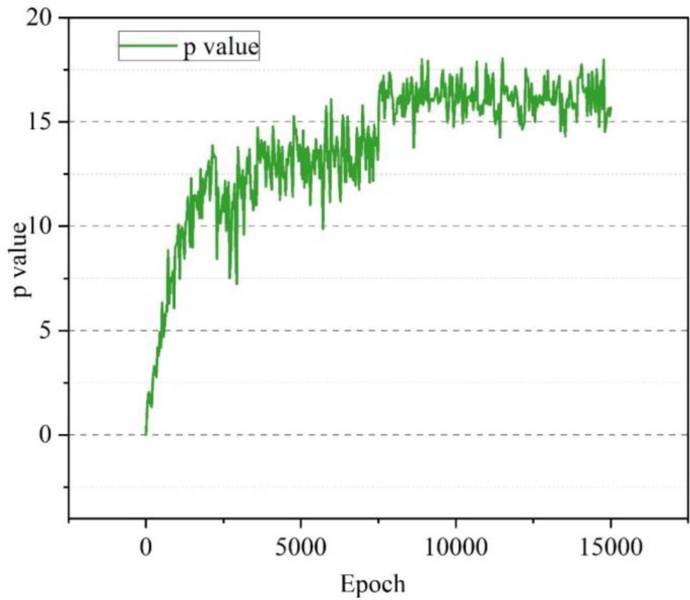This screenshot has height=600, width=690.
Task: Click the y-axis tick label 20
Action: tap(37, 18)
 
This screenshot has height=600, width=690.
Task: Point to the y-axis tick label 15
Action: tap(37, 122)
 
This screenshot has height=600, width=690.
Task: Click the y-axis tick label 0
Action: tap(45, 435)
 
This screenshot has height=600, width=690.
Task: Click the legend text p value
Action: tap(220, 47)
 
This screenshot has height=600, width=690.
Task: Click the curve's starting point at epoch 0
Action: tap(146, 434)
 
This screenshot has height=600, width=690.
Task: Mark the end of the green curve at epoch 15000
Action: tap(610, 108)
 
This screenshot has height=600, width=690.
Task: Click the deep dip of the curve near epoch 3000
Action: tap(236, 283)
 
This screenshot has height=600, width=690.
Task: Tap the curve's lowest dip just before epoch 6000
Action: tap(323, 229)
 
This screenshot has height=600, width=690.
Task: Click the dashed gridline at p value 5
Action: tap(389, 331)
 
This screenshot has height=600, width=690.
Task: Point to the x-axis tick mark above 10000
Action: tap(456, 523)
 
